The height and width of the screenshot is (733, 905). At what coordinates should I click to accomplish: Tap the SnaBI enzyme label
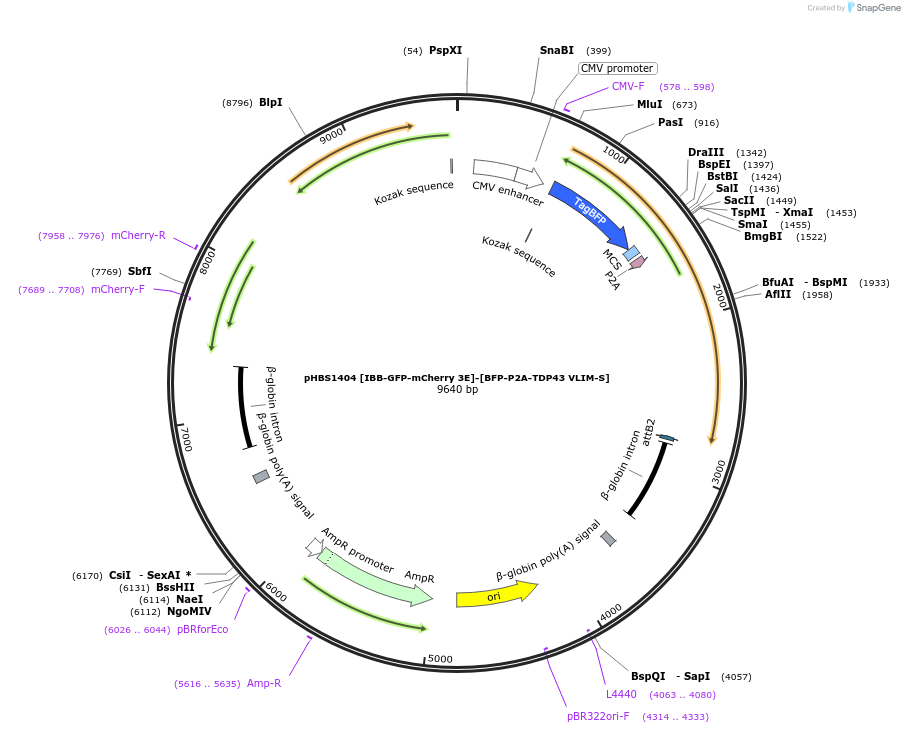click(x=557, y=50)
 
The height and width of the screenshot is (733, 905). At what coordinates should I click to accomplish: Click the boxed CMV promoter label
click(x=617, y=68)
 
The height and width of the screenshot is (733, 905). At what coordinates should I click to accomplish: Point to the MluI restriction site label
click(x=650, y=104)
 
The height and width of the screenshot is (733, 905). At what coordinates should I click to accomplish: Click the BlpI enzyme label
click(x=270, y=102)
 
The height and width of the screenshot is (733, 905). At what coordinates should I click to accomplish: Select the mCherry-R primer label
click(x=138, y=235)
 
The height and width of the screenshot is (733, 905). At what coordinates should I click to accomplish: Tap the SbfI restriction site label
click(x=139, y=271)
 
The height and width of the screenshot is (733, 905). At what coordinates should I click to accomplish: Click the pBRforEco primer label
click(x=202, y=629)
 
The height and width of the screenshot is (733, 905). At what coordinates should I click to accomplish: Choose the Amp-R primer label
click(x=264, y=683)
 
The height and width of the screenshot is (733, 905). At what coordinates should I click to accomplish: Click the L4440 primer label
click(x=621, y=694)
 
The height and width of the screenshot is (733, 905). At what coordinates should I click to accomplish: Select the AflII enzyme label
click(x=778, y=294)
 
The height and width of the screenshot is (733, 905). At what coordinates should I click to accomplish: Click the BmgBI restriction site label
click(x=763, y=236)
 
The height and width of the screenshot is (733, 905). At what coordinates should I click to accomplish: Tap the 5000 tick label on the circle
click(x=440, y=659)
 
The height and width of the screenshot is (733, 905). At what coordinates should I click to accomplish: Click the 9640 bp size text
click(x=457, y=390)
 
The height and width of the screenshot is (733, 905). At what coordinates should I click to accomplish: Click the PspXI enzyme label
click(x=445, y=50)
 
